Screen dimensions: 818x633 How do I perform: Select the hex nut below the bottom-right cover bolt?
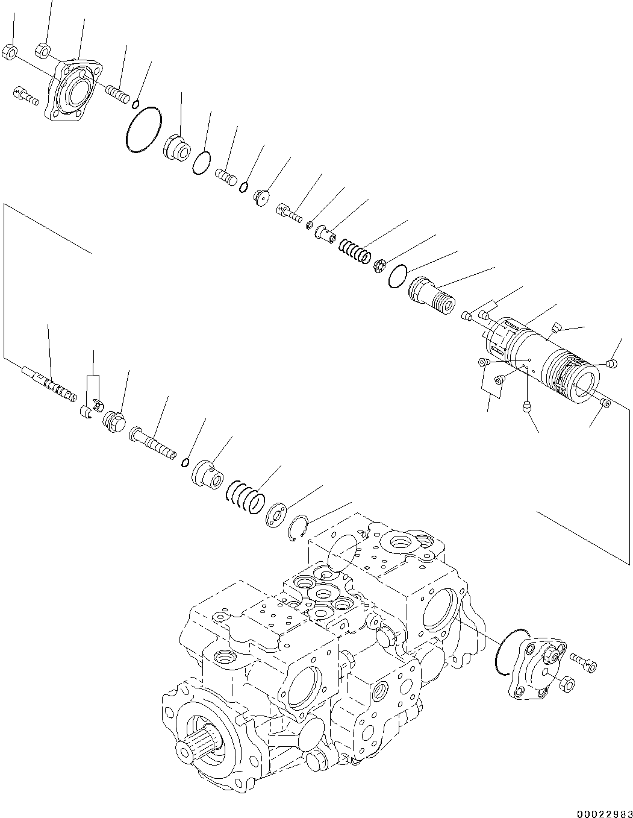coord(566,684)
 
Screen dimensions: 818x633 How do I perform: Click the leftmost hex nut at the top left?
coord(9,52)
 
